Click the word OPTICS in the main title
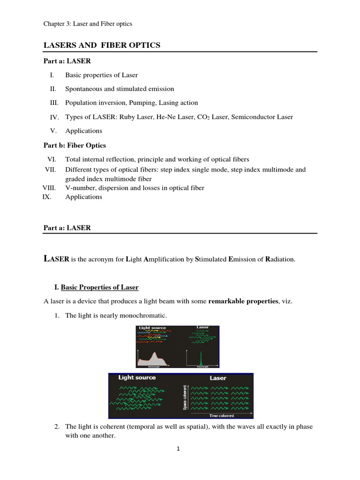(143, 45)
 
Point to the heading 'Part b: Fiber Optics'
(75, 145)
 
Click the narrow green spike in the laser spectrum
(201, 359)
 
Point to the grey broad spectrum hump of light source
(153, 360)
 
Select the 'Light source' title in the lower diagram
(136, 377)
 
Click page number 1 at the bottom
(179, 449)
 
